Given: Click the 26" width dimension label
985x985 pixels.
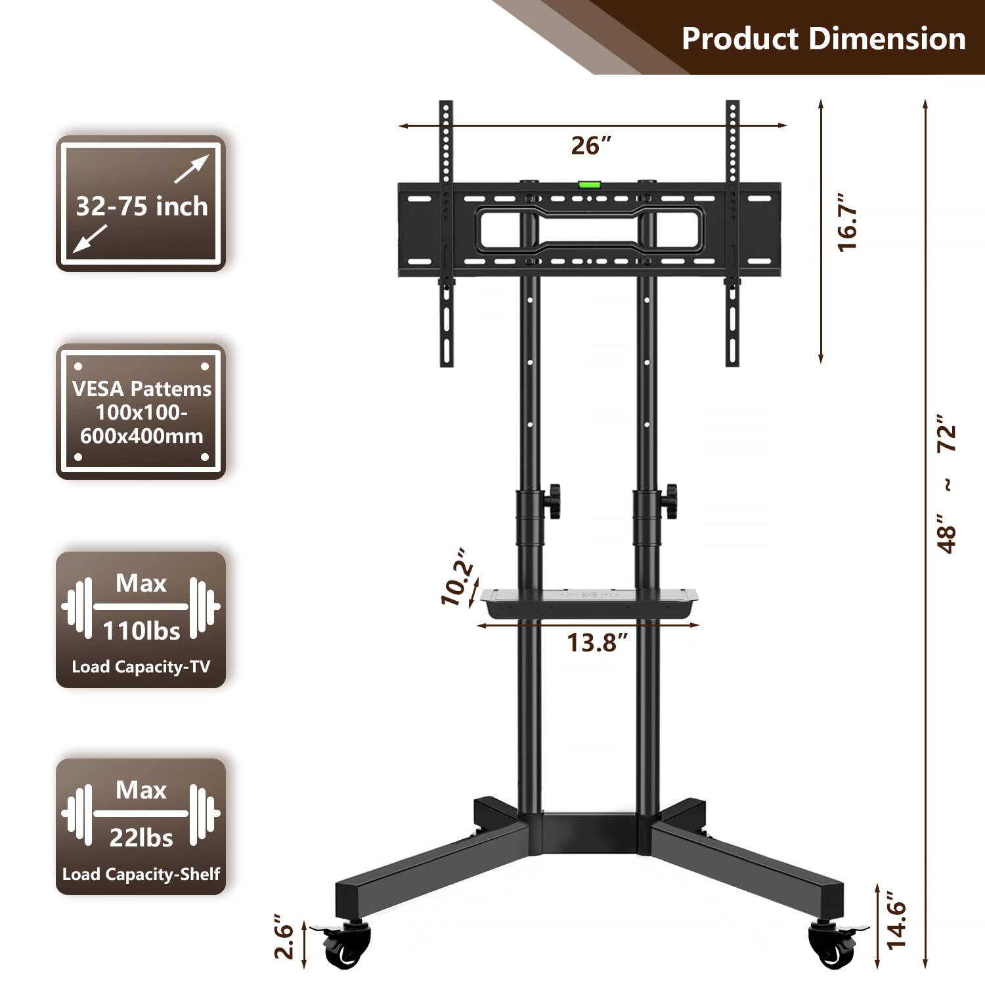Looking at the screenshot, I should (x=590, y=145).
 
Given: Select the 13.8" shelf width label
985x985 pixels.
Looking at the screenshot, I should (x=597, y=642).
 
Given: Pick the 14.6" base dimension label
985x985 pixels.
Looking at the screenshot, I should (x=896, y=919).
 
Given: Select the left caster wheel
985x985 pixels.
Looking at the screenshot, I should (x=347, y=946).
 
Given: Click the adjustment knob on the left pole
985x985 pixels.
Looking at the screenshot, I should (x=554, y=501).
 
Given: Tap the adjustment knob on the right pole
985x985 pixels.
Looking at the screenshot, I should (x=670, y=500).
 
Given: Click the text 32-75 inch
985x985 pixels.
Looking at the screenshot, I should (x=141, y=206).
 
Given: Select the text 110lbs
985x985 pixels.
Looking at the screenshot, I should (x=141, y=631).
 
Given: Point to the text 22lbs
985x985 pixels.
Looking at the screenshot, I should (x=141, y=838).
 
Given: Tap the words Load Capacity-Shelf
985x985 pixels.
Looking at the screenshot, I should (x=141, y=874).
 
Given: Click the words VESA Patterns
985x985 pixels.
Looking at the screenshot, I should (x=141, y=389).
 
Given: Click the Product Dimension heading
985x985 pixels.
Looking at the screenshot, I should (x=823, y=38).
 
